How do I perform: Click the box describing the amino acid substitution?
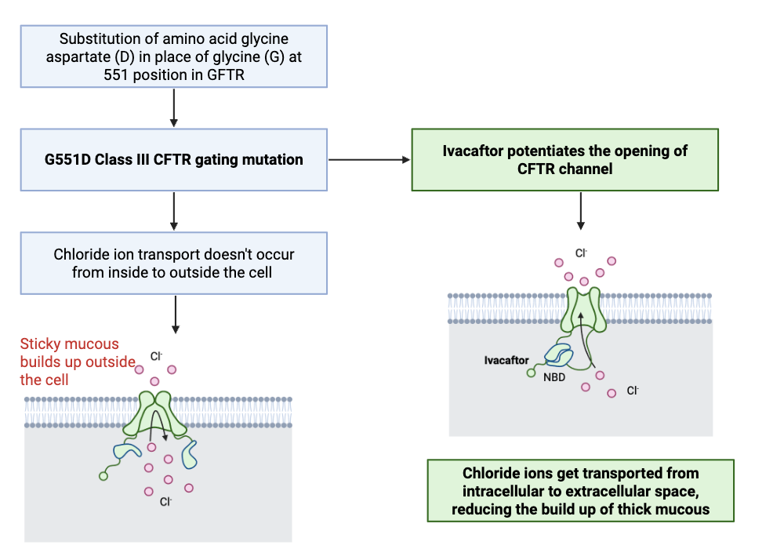pyautogui.click(x=173, y=56)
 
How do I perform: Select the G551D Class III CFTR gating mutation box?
pyautogui.click(x=173, y=160)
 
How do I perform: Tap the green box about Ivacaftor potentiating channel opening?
pyautogui.click(x=564, y=159)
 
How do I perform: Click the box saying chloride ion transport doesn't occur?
pyautogui.click(x=173, y=264)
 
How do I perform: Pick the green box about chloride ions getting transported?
pyautogui.click(x=580, y=491)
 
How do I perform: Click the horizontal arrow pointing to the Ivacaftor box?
pyautogui.click(x=368, y=160)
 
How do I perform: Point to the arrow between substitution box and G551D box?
pyautogui.click(x=173, y=107)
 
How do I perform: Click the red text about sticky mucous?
pyautogui.click(x=70, y=362)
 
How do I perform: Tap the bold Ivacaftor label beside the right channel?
pyautogui.click(x=506, y=361)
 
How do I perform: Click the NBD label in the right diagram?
pyautogui.click(x=554, y=376)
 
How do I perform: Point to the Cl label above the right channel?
pyautogui.click(x=581, y=253)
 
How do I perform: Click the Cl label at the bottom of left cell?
pyautogui.click(x=165, y=501)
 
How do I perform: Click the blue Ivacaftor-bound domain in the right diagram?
pyautogui.click(x=559, y=355)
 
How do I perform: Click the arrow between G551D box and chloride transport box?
pyautogui.click(x=173, y=211)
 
